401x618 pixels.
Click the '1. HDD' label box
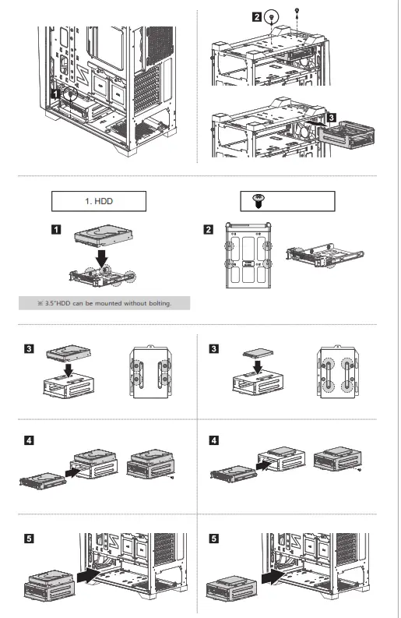tap(99, 201)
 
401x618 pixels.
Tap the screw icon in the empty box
tap(258, 201)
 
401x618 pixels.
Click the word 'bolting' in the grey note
tap(160, 303)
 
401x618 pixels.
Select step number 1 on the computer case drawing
tap(56, 94)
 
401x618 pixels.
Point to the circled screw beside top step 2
tap(272, 17)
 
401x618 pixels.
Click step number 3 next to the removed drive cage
tap(332, 118)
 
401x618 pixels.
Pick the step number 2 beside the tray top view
tap(209, 229)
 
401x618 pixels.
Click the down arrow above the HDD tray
tap(102, 257)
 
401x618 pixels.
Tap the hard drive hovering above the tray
tap(104, 235)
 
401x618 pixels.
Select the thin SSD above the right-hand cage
tap(258, 353)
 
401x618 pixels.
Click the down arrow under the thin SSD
tap(258, 366)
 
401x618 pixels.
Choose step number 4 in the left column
tap(29, 440)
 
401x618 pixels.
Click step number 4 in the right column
tap(213, 440)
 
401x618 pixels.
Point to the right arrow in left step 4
tap(73, 471)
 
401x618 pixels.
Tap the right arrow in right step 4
tap(263, 465)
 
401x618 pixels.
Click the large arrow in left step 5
tap(88, 575)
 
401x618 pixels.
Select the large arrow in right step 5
tap(273, 577)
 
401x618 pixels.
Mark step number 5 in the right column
tap(213, 539)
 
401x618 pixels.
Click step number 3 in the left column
tap(29, 348)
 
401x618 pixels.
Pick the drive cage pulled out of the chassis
tap(346, 135)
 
